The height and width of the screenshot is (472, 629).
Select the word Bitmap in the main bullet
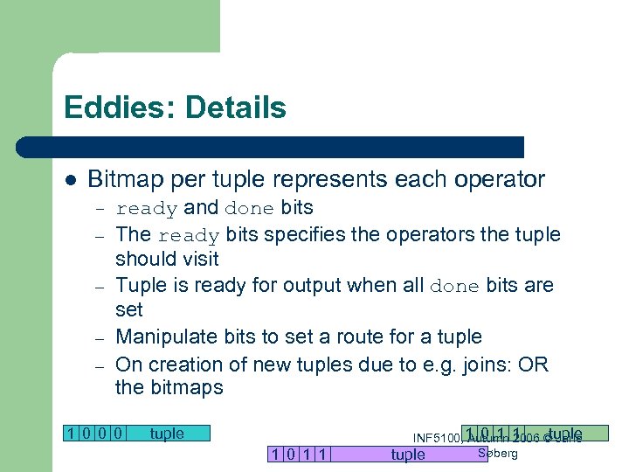coord(126,180)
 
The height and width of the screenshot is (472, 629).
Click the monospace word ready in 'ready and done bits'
coord(147,209)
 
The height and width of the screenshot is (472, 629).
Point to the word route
coord(363,337)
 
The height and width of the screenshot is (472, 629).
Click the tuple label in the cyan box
coord(167,433)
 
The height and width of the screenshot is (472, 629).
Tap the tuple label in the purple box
coord(408,454)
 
